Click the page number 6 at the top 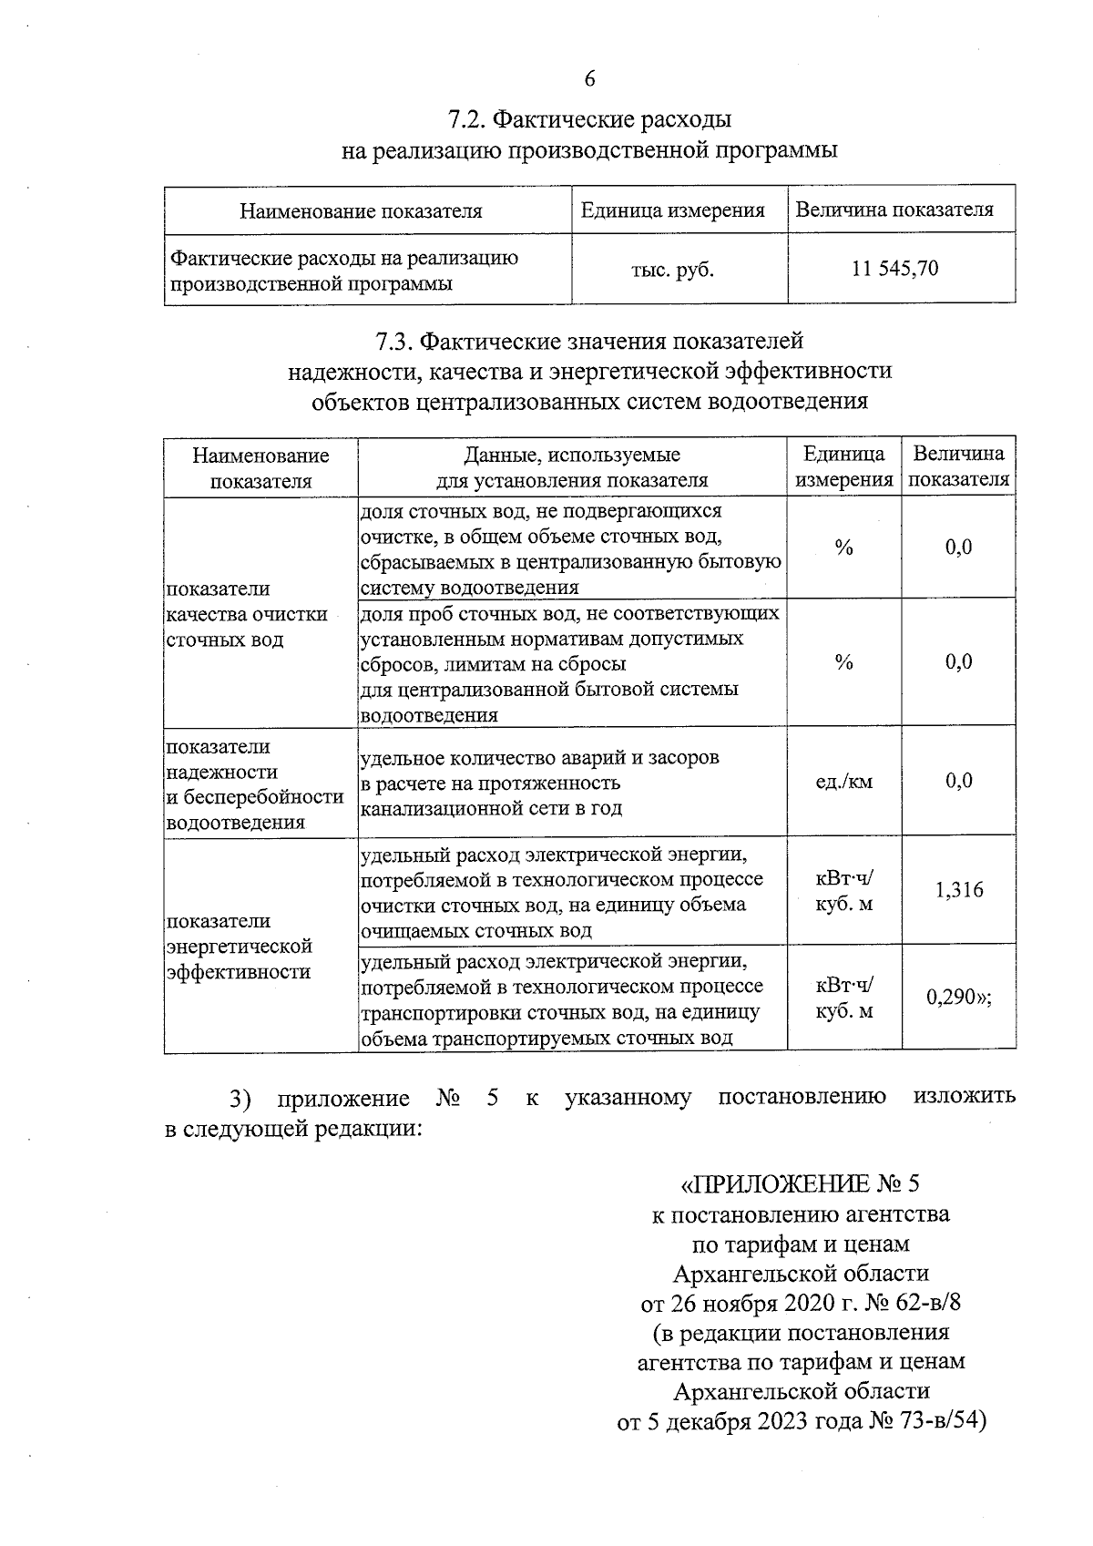coord(589,79)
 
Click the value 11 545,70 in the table coord(894,269)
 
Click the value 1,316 coord(959,890)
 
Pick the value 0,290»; coord(959,998)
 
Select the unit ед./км coord(843,781)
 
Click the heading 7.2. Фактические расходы coord(589,119)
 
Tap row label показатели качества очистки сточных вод coord(247,614)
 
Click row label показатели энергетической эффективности coord(239,946)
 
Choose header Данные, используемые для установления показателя coord(571,467)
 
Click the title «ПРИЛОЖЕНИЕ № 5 coord(801,1184)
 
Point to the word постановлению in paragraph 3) coord(802,1097)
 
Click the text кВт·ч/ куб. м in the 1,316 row coord(843,890)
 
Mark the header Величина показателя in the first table coord(894,210)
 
